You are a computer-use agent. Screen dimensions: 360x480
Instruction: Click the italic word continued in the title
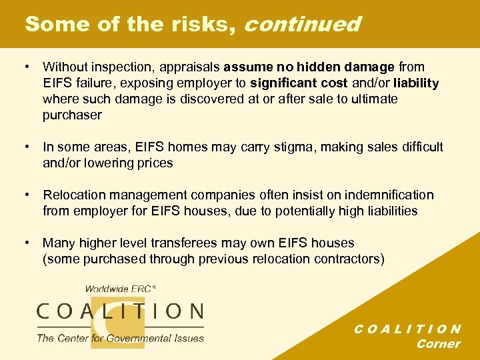(303, 25)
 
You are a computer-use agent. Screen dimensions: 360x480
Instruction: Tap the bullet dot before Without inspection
(25, 67)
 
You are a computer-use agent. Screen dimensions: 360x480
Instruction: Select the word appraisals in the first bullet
(193, 67)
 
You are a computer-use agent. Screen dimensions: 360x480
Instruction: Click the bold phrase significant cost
(298, 83)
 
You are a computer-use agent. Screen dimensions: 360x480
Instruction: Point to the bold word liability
(416, 83)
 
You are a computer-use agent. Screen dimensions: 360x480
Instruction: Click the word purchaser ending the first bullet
(72, 115)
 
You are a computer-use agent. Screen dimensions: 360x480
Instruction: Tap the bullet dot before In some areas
(25, 147)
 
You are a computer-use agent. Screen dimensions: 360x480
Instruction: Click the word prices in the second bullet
(155, 163)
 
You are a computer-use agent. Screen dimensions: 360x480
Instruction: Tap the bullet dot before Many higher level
(25, 243)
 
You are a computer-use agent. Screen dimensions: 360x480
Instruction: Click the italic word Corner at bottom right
(438, 344)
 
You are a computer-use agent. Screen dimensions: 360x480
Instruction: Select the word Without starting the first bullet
(65, 67)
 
